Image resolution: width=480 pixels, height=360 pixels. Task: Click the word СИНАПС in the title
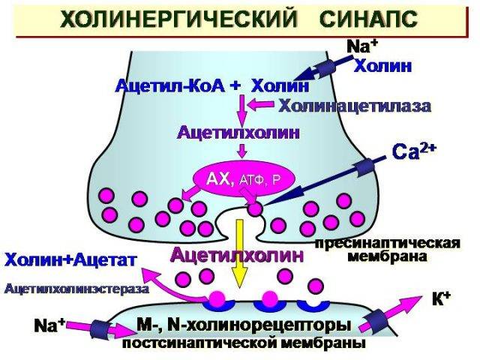point(368,19)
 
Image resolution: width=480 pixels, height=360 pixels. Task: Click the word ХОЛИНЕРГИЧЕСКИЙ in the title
point(178,19)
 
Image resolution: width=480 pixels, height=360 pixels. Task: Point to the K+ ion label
point(441,299)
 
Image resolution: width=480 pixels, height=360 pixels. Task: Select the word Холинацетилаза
point(355,106)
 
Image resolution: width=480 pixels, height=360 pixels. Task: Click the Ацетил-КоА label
point(170,85)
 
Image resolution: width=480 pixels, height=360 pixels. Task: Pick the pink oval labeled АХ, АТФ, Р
point(244,180)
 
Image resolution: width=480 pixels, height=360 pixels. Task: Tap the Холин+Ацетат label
point(70,260)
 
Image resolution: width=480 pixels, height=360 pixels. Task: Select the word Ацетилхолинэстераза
point(77,289)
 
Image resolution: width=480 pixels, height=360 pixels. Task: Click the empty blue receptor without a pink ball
point(313,304)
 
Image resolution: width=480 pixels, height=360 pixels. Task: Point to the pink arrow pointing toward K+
point(399,311)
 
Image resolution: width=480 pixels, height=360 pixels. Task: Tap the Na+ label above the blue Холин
point(363,47)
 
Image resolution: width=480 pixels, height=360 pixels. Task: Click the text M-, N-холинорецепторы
point(244,325)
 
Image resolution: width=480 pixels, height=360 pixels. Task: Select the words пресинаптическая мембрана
point(388,250)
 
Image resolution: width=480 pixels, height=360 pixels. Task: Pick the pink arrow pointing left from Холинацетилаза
point(260,104)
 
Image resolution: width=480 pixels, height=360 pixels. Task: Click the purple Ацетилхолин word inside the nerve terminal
point(238,133)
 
